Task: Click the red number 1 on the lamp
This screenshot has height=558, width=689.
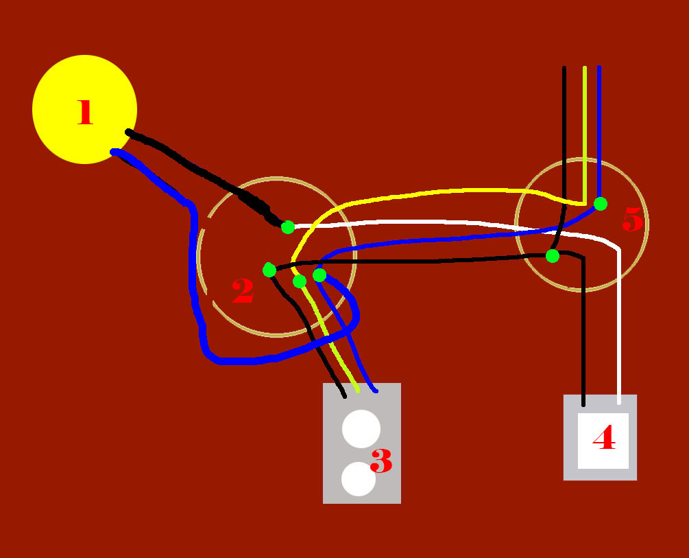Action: [x=85, y=112]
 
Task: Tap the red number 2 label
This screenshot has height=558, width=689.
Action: [x=243, y=291]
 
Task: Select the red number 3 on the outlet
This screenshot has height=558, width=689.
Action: [x=381, y=461]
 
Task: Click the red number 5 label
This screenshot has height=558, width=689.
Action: [x=633, y=219]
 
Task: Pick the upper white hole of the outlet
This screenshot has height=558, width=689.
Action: [x=361, y=428]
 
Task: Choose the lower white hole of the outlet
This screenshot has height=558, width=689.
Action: [x=359, y=479]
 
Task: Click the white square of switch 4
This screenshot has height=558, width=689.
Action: [x=603, y=441]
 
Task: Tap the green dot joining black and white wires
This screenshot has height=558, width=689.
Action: [x=288, y=227]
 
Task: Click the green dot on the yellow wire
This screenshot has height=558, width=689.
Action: [x=300, y=281]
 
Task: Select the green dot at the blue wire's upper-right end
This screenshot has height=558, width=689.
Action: [x=601, y=204]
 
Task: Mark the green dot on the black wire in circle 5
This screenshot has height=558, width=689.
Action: [x=553, y=256]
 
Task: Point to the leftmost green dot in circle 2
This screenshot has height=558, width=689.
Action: [x=269, y=270]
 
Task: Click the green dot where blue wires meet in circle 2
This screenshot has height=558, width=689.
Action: [x=319, y=275]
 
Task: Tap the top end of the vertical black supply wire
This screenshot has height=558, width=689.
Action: [x=564, y=67]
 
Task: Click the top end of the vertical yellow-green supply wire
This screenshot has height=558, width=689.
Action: [x=585, y=67]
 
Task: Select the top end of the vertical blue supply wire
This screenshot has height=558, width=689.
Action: [x=599, y=67]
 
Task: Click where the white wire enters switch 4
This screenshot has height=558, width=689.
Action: [x=619, y=403]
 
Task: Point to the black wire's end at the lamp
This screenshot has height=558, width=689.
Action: [x=128, y=132]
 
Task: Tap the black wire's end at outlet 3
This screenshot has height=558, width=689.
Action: [x=344, y=397]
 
